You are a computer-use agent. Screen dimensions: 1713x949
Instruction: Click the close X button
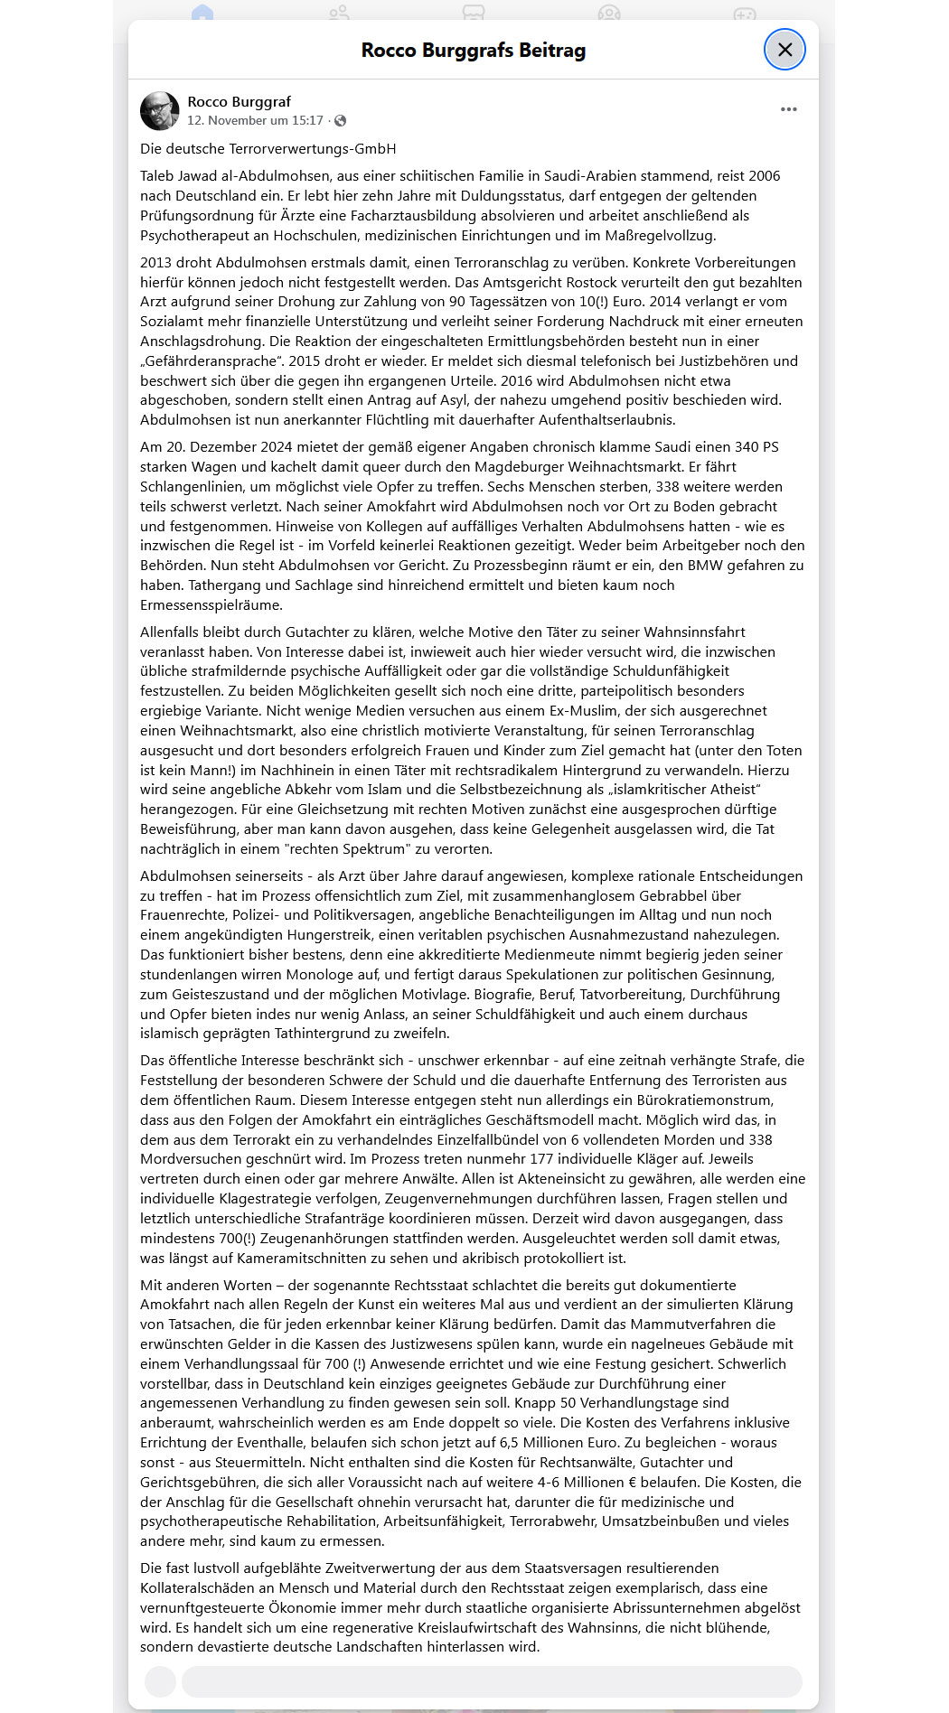pyautogui.click(x=785, y=50)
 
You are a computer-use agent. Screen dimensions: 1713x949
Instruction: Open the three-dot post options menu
pyautogui.click(x=788, y=109)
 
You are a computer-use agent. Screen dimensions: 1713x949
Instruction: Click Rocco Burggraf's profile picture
pyautogui.click(x=160, y=110)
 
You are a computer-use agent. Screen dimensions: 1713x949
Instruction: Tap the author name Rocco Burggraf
pyautogui.click(x=239, y=102)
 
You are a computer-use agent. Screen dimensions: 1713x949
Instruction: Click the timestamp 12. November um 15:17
pyautogui.click(x=255, y=120)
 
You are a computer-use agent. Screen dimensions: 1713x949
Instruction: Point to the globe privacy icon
pyautogui.click(x=341, y=121)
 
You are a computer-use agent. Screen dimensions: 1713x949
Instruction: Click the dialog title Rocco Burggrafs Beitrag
pyautogui.click(x=473, y=51)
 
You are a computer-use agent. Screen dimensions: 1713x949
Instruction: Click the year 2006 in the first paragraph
pyautogui.click(x=763, y=176)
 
